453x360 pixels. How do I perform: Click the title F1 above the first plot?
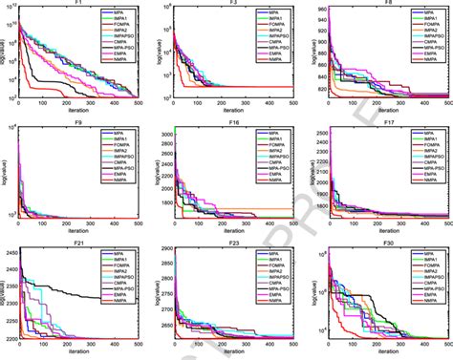point(84,5)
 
